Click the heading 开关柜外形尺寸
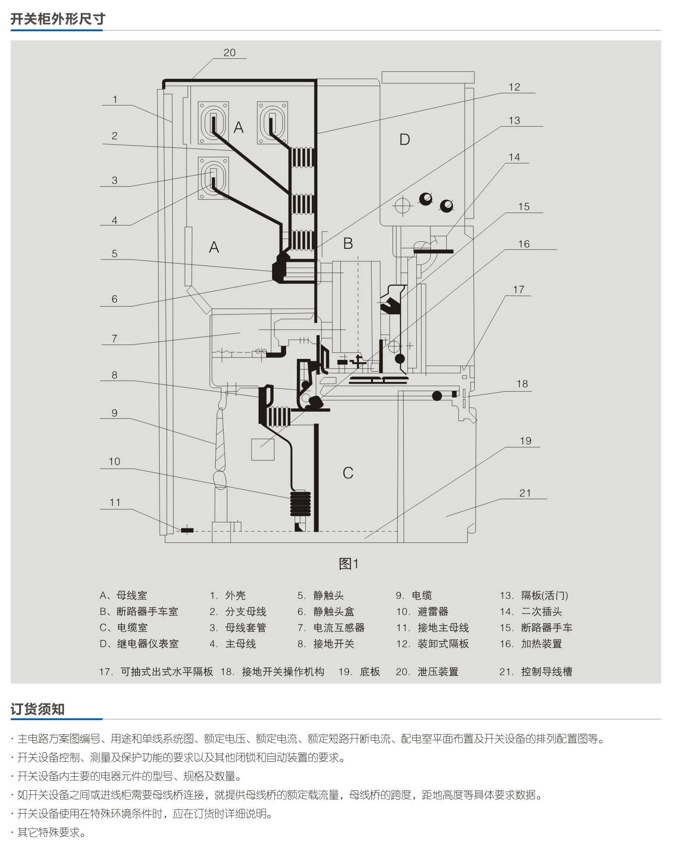tap(58, 19)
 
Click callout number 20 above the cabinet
tap(230, 53)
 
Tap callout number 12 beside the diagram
tap(514, 87)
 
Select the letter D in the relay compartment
tap(405, 140)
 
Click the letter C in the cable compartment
tap(348, 473)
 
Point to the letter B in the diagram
tap(348, 243)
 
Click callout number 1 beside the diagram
tap(115, 99)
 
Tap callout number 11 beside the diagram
tap(115, 502)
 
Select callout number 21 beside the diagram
tap(525, 493)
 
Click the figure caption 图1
tap(349, 564)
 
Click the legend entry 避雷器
tap(433, 611)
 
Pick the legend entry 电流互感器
tap(339, 628)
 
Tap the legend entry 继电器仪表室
tap(147, 644)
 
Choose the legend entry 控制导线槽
tap(547, 672)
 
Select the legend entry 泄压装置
tap(438, 672)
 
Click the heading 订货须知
tap(37, 709)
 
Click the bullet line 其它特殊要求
tap(49, 832)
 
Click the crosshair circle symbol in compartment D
tap(402, 205)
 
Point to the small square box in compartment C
tap(263, 450)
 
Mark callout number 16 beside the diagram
tap(524, 244)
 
